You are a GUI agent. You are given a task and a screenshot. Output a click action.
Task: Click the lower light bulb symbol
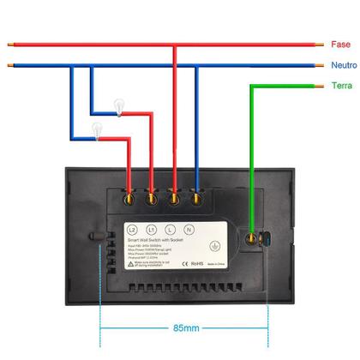coord(97,129)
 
